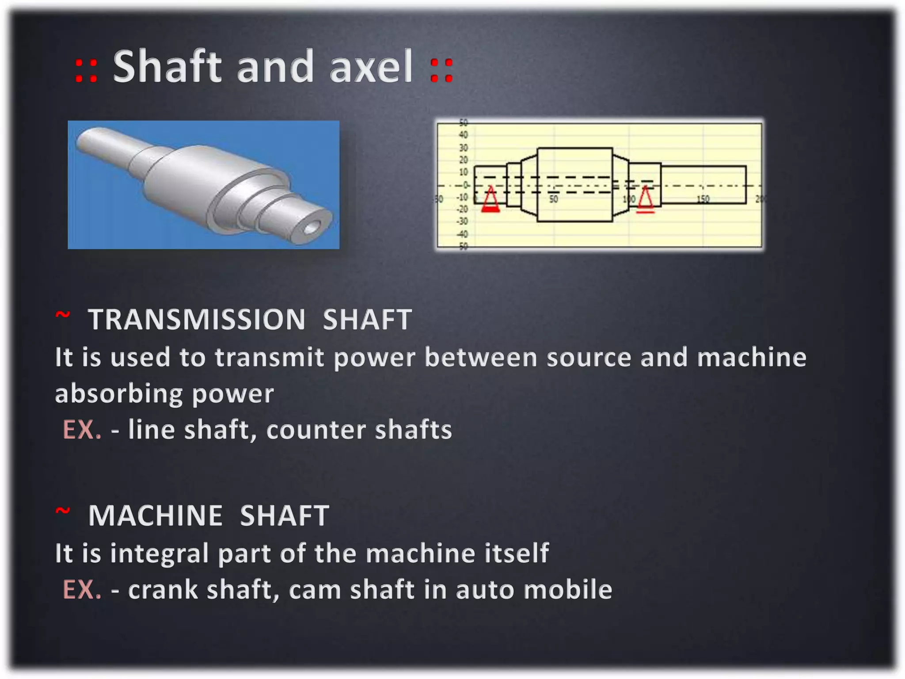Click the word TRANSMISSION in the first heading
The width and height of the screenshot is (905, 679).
click(197, 319)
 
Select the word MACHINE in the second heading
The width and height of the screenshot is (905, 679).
click(156, 515)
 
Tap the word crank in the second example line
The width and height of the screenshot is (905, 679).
click(163, 590)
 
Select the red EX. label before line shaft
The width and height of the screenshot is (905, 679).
click(82, 430)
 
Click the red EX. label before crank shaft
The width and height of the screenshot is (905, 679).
click(82, 590)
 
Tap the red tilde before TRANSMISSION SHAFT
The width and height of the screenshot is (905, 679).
click(62, 315)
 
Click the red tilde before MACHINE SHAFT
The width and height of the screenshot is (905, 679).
click(62, 511)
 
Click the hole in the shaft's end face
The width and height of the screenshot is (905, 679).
click(312, 227)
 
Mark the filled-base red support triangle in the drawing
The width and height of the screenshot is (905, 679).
click(490, 200)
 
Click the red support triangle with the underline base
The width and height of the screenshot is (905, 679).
click(645, 199)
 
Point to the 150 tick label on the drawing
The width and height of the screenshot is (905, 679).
click(703, 199)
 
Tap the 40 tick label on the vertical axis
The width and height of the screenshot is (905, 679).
click(463, 135)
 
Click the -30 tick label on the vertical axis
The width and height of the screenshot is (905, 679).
click(462, 221)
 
